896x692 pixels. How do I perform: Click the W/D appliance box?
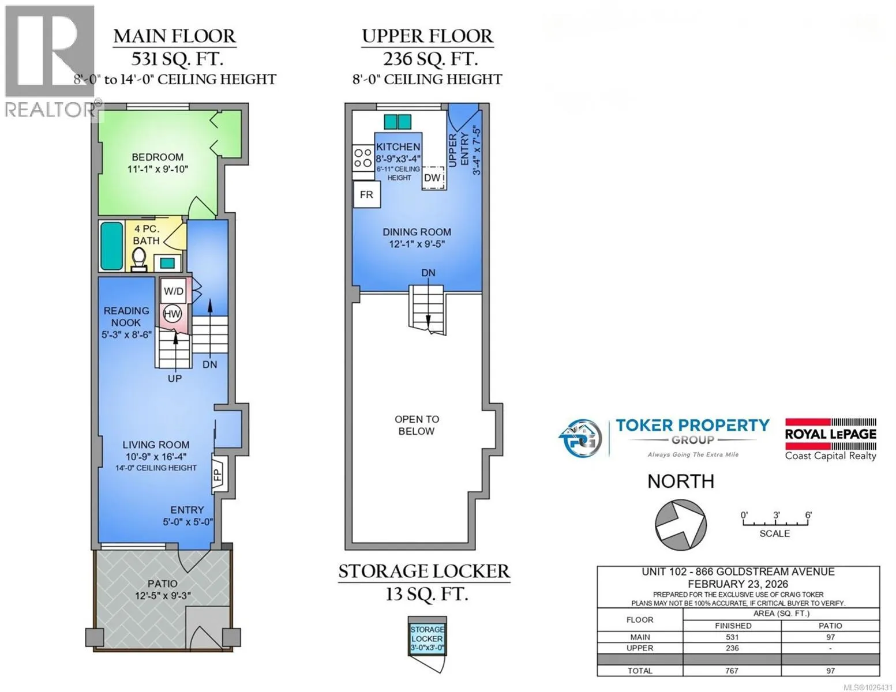pyautogui.click(x=173, y=291)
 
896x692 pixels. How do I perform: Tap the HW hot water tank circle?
pyautogui.click(x=173, y=314)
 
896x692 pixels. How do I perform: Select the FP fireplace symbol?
pyautogui.click(x=218, y=475)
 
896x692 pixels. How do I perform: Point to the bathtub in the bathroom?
pyautogui.click(x=112, y=246)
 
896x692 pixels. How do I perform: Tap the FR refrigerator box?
pyautogui.click(x=366, y=194)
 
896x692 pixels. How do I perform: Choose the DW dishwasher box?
pyautogui.click(x=433, y=178)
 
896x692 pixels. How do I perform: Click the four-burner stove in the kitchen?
pyautogui.click(x=363, y=159)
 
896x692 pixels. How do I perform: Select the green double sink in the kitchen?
pyautogui.click(x=398, y=122)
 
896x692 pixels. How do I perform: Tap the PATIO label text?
pyautogui.click(x=163, y=584)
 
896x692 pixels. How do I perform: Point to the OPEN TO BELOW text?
pyautogui.click(x=417, y=426)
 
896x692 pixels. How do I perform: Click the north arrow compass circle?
pyautogui.click(x=681, y=525)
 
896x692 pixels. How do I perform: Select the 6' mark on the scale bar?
pyautogui.click(x=808, y=515)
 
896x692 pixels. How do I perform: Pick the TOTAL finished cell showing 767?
pyautogui.click(x=732, y=671)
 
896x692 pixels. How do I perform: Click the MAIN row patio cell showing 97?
pyautogui.click(x=830, y=637)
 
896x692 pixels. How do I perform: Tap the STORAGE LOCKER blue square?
pyautogui.click(x=427, y=639)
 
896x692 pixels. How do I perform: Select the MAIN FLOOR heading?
pyautogui.click(x=175, y=36)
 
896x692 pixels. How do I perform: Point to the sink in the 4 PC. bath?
pyautogui.click(x=167, y=262)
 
